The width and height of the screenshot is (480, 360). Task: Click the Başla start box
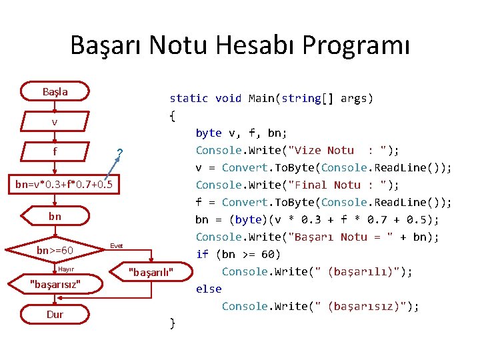point(55,91)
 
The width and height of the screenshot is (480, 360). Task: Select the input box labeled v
point(55,122)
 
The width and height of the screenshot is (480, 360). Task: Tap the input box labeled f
point(55,152)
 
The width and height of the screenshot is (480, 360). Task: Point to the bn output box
point(55,217)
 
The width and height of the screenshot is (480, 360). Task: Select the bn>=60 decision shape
point(55,251)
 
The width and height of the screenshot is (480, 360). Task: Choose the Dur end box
point(55,314)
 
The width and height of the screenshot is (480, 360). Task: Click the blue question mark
point(119,154)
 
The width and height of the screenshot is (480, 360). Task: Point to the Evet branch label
point(117,246)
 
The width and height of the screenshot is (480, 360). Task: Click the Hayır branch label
point(66,269)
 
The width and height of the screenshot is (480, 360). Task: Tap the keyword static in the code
point(189,99)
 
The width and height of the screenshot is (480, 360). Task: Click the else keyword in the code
point(208,289)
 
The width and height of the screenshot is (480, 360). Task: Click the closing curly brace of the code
point(173,324)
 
